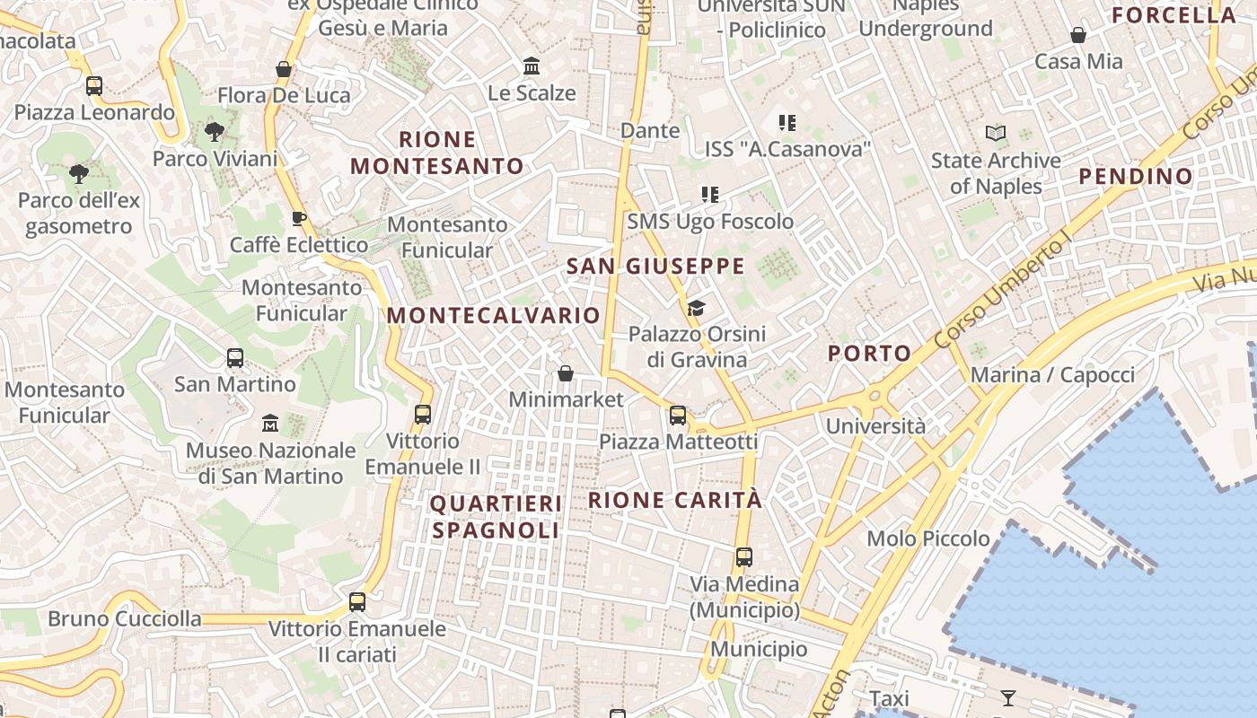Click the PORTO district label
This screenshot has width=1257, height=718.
[x=869, y=353]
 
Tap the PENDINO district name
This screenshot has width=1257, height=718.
[x=1135, y=176]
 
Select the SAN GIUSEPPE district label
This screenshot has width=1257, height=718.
[x=655, y=266]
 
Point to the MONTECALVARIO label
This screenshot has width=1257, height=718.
[x=493, y=315]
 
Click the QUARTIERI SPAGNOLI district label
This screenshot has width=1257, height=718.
[x=496, y=517]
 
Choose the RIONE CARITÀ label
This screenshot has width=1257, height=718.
[x=674, y=500]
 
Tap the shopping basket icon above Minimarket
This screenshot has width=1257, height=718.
[x=566, y=373]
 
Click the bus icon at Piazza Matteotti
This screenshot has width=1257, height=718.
[x=678, y=416]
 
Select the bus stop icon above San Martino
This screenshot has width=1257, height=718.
[x=235, y=358]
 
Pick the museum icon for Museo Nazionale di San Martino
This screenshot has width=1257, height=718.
[x=270, y=423]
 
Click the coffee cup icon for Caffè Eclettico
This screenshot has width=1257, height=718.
[x=299, y=219]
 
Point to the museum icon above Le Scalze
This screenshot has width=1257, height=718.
[x=532, y=66]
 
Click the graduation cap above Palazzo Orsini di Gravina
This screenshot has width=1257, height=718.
[x=696, y=309]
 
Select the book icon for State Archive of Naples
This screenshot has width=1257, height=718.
[x=995, y=134]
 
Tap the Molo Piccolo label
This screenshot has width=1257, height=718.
[x=927, y=538]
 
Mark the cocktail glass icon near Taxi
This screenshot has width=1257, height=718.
[x=1008, y=697]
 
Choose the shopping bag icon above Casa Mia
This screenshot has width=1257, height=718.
[x=1078, y=36]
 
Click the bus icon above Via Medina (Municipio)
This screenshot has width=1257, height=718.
[x=744, y=557]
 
